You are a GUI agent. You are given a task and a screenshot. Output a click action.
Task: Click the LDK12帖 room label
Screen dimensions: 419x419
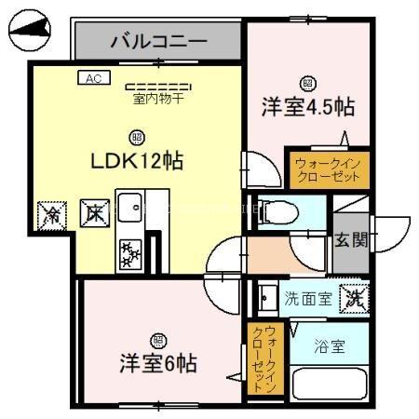pos(137,161)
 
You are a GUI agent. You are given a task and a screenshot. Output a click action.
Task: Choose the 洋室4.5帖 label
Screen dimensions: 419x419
pos(306,106)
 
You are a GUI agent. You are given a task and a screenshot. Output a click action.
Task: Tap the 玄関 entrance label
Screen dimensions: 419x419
pos(352,239)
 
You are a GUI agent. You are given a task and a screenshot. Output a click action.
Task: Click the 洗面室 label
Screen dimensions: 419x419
pos(307,299)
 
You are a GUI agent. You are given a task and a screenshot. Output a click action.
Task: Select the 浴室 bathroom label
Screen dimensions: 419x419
pos(330,347)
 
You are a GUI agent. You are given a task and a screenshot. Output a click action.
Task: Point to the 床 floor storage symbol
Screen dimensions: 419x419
pos(92,213)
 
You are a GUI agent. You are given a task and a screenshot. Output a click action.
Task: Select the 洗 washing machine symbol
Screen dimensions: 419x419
pos(354,299)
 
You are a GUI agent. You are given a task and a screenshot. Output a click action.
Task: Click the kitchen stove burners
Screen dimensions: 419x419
pos(129,250)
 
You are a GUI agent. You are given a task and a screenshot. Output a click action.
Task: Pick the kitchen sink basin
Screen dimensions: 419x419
pos(129,204)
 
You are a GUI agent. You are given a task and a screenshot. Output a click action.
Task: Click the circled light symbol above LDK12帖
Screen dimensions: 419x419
pos(137,135)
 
